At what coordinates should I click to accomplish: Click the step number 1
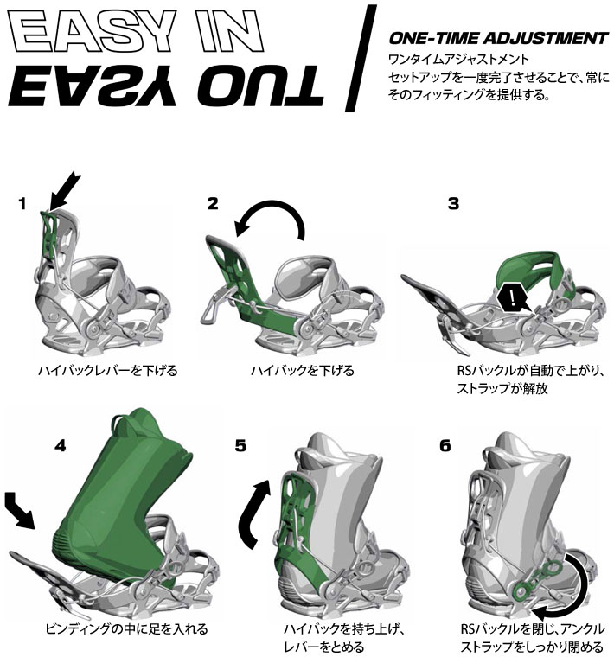[x=22, y=204]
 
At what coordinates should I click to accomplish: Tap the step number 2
[x=213, y=204]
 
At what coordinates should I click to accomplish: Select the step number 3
[x=453, y=204]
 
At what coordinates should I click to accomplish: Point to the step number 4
[x=61, y=445]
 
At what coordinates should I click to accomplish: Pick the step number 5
[x=240, y=445]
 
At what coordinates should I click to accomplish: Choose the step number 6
[x=445, y=445]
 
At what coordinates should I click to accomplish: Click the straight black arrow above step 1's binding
[x=64, y=191]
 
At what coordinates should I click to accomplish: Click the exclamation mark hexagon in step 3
[x=512, y=297]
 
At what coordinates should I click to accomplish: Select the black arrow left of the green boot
[x=19, y=510]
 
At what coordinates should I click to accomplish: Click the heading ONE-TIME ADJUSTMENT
[x=498, y=38]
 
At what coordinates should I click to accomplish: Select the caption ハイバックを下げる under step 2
[x=303, y=371]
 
